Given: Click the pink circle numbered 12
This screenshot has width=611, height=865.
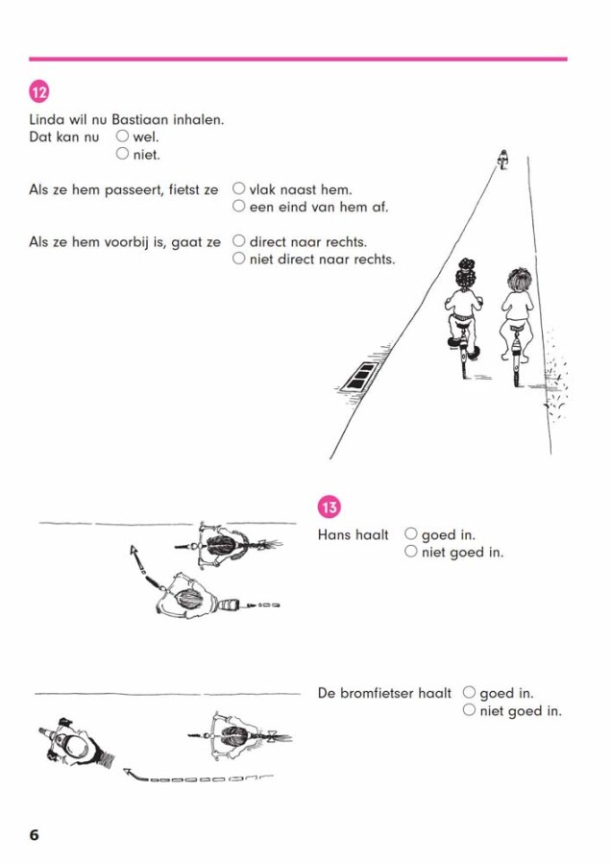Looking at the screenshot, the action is click(x=39, y=91).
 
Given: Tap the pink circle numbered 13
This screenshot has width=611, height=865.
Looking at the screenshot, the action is click(x=330, y=507).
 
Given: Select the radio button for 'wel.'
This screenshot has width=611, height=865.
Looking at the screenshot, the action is click(x=122, y=136).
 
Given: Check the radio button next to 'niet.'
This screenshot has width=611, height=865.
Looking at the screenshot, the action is click(x=122, y=154).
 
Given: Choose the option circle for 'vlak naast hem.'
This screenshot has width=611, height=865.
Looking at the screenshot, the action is click(x=238, y=188).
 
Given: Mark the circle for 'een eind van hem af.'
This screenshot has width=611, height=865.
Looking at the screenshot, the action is click(x=238, y=207).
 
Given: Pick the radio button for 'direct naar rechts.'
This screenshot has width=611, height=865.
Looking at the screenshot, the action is click(x=238, y=241).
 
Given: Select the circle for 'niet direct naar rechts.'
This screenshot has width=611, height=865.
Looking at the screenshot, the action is click(x=238, y=259).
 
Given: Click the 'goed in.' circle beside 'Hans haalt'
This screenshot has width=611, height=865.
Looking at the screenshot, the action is click(x=411, y=533).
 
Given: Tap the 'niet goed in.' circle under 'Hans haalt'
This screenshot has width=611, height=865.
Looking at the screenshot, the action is click(x=411, y=551).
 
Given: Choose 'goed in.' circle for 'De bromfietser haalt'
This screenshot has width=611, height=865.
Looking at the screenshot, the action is click(x=469, y=692).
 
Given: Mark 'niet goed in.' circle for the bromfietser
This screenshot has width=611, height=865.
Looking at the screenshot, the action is click(x=469, y=710).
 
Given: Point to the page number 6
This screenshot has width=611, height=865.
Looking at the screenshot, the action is click(x=35, y=834).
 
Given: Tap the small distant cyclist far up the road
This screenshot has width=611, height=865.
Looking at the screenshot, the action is click(x=502, y=160).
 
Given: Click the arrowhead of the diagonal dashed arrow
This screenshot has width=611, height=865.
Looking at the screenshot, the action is click(x=134, y=551).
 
